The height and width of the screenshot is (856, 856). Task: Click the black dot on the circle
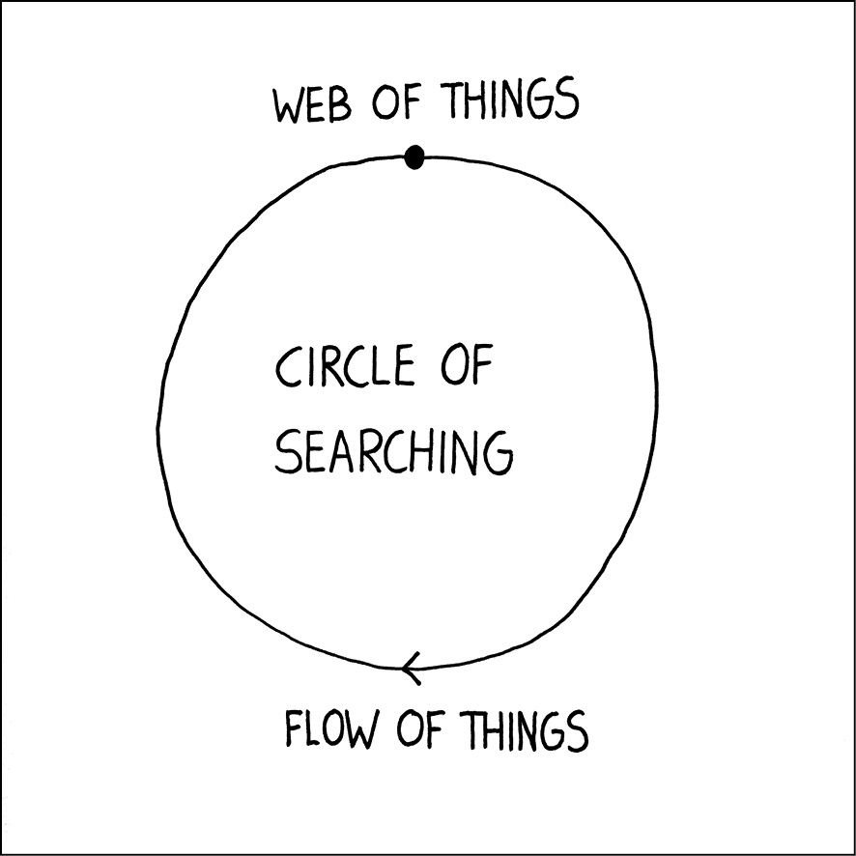414,156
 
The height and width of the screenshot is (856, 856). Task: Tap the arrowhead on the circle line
410,668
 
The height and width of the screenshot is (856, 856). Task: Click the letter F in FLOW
293,729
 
